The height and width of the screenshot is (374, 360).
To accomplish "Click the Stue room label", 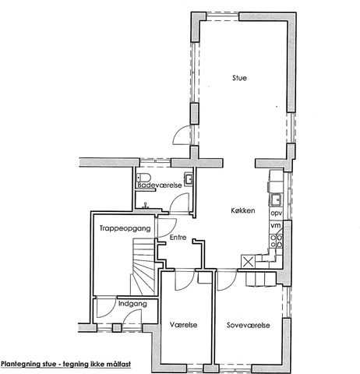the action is click(x=239, y=78).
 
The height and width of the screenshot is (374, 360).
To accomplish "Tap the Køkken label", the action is click(x=243, y=210).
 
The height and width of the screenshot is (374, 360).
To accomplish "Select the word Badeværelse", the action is click(x=160, y=185).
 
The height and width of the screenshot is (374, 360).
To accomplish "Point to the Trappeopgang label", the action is click(x=125, y=228).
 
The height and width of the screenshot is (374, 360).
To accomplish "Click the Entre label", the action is click(x=178, y=237).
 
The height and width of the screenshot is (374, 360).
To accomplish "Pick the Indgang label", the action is click(x=132, y=304).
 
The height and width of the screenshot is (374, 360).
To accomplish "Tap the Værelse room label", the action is click(x=183, y=325).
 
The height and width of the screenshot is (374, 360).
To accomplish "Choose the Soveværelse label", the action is click(x=248, y=325).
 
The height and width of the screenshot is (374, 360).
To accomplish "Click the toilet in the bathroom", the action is click(x=143, y=178).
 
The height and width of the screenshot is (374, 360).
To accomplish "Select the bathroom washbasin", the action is click(x=189, y=179).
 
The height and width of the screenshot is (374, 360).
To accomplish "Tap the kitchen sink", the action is click(x=276, y=200).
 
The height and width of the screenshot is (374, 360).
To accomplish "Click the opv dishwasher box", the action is click(x=277, y=213).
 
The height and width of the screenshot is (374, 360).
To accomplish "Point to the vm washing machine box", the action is click(x=276, y=225).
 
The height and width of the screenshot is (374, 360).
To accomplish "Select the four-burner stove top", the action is click(x=276, y=241).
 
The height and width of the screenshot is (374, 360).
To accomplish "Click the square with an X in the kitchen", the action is click(x=248, y=262).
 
